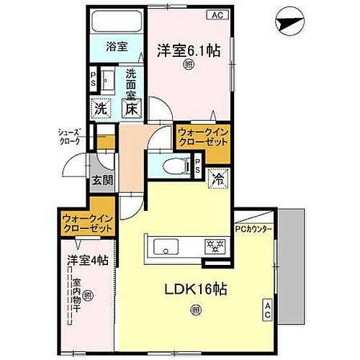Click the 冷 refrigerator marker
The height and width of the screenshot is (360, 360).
point(216,180)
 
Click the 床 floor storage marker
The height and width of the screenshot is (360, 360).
point(131,111)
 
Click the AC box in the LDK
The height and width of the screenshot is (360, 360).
point(267,312)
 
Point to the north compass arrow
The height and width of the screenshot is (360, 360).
point(290,26)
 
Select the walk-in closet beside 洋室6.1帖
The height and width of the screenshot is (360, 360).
point(201,137)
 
